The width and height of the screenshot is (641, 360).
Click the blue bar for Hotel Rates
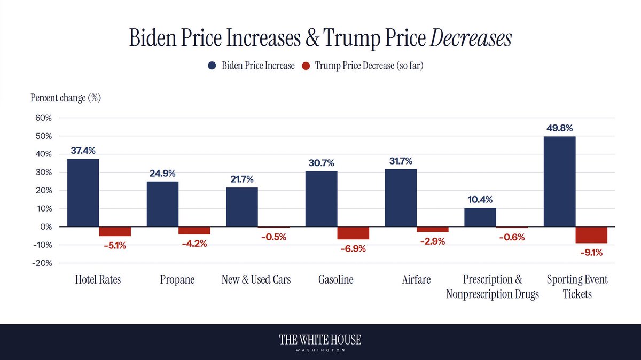point(83,193)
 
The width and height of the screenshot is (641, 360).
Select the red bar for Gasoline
point(353,233)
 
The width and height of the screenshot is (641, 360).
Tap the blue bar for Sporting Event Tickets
point(559,182)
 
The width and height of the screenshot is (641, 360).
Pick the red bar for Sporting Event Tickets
point(591,235)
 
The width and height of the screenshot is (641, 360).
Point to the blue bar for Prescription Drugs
point(480,217)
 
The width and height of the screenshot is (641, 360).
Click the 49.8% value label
point(559,128)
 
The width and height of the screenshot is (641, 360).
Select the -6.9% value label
point(353,248)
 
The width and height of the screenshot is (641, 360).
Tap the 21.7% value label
point(241,179)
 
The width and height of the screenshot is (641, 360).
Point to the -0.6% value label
point(511,238)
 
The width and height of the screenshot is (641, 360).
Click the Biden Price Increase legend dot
point(212,66)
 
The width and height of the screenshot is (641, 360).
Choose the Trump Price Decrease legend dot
point(306,66)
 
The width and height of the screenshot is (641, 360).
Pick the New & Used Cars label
point(256,279)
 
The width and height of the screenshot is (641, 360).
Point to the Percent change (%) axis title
point(66,98)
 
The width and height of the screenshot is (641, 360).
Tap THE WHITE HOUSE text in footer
point(320,340)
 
